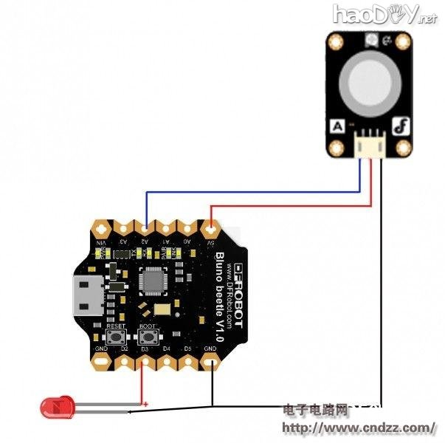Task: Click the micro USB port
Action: tap(86, 295)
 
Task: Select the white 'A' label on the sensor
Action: tap(337, 126)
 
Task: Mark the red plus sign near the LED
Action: tap(146, 403)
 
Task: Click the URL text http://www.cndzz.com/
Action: tap(359, 427)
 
